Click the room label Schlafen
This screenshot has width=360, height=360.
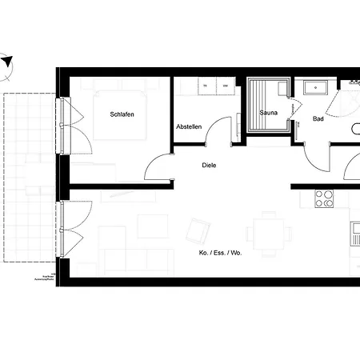[122, 114]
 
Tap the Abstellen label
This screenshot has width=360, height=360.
[189, 127]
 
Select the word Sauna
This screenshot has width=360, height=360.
[268, 114]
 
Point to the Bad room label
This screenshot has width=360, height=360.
[318, 118]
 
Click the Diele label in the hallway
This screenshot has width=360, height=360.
[209, 165]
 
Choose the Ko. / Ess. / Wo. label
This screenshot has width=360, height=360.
[220, 253]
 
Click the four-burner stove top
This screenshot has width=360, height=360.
[324, 198]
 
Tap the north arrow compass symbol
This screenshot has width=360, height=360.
[7, 62]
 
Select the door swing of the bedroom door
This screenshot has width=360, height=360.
[158, 166]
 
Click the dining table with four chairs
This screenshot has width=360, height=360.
[263, 234]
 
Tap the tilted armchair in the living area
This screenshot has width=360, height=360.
[197, 231]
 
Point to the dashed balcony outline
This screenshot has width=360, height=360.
[28, 176]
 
